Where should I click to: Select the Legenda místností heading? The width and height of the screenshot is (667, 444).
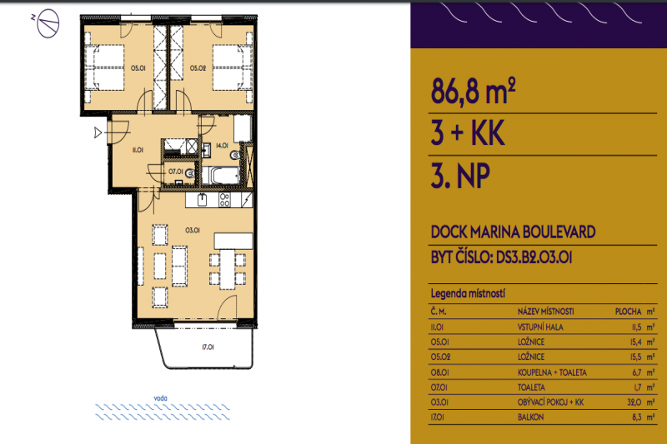pyautogui.click(x=468, y=294)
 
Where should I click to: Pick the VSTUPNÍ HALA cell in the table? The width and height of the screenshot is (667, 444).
pyautogui.click(x=540, y=327)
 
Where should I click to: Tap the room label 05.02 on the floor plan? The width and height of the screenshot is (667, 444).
pyautogui.click(x=198, y=69)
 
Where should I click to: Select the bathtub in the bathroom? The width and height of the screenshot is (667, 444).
pyautogui.click(x=223, y=175)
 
